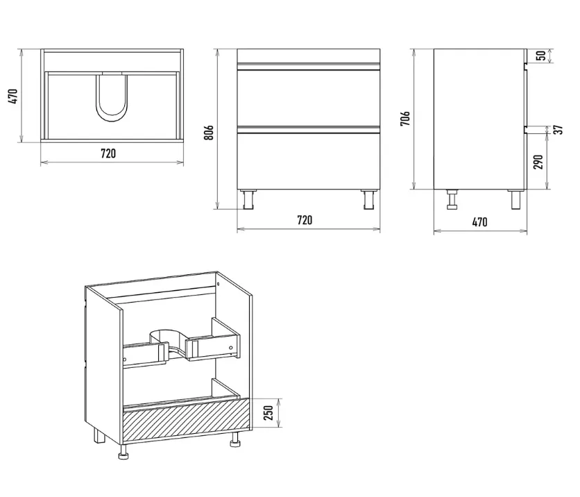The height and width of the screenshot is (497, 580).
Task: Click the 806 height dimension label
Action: coord(209,133)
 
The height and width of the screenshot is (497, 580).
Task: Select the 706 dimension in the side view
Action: coord(405,119)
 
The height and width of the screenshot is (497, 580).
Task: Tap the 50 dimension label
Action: coord(540,56)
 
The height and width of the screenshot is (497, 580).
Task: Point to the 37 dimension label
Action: coord(558,130)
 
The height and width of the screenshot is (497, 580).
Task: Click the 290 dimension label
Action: coord(538,162)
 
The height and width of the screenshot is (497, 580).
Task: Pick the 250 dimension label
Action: coord(269,412)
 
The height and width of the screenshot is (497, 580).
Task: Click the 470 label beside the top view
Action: coord(13,96)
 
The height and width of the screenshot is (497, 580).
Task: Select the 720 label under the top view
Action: coord(108,153)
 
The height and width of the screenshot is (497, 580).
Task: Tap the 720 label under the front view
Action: coord(305,220)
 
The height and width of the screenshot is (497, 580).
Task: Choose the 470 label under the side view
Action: coord(480,222)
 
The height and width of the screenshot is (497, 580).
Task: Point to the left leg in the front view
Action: coord(248,200)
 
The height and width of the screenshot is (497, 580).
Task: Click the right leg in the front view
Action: coord(369,200)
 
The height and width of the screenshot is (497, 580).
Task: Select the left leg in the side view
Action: coord(452,199)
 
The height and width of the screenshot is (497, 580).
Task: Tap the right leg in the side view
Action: coord(516,199)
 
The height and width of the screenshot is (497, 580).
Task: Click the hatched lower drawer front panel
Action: coord(187,421)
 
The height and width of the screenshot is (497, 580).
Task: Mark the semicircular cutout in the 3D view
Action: coord(167,337)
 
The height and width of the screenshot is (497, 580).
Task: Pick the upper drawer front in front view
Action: coord(309,98)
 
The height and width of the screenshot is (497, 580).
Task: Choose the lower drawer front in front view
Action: coord(309,160)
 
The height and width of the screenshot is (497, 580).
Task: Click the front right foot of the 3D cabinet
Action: coord(234,439)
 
